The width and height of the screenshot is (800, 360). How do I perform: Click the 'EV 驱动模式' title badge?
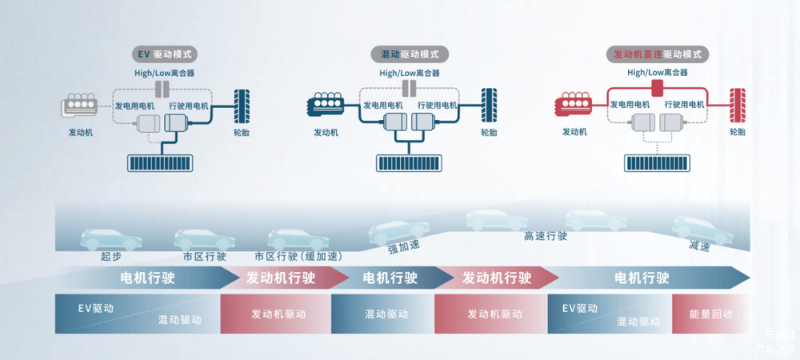pyautogui.click(x=165, y=54)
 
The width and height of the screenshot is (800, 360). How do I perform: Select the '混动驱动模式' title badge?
pyautogui.click(x=410, y=54)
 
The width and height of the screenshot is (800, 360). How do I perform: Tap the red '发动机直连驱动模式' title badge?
pyautogui.click(x=657, y=54)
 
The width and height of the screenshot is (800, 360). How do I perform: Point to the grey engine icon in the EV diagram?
pyautogui.click(x=80, y=105)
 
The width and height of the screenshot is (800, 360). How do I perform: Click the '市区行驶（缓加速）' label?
pyautogui.click(x=298, y=257)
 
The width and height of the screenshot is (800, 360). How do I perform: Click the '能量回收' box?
pyautogui.click(x=711, y=314)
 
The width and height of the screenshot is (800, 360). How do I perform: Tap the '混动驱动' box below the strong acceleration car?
pyautogui.click(x=382, y=314)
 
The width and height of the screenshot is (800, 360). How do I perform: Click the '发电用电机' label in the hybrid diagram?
pyautogui.click(x=382, y=105)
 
